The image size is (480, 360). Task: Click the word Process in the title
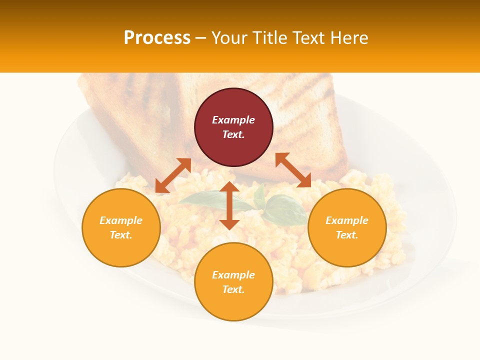point(157,38)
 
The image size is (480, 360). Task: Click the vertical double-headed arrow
point(229,205)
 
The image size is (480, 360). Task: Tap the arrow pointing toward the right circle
point(293,170)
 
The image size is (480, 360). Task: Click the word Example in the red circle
point(233,120)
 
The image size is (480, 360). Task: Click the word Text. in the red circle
point(233,134)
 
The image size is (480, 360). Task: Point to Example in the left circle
point(121,220)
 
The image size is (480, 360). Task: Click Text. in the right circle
point(347,235)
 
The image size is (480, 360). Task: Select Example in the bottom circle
point(233,275)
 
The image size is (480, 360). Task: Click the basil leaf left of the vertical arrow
point(202,199)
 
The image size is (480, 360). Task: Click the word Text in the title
point(309,38)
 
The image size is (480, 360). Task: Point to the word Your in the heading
point(227,38)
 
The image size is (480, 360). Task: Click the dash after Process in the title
point(200,38)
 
